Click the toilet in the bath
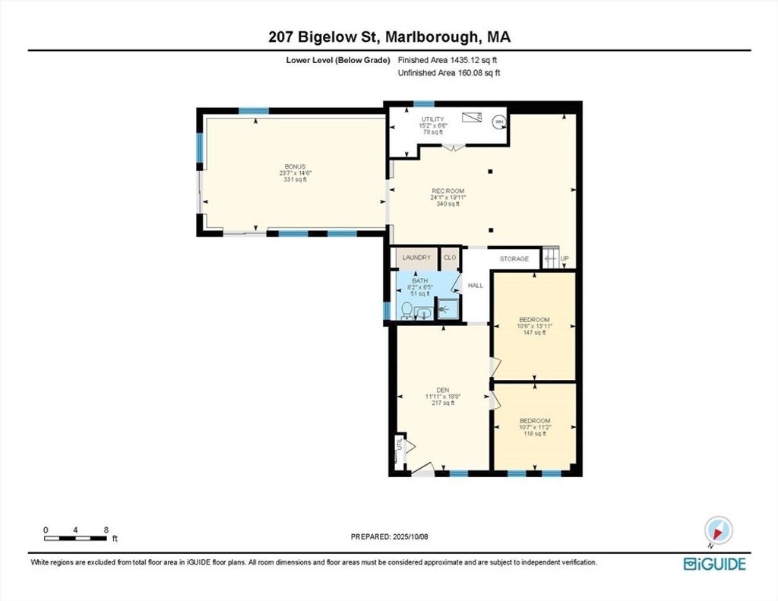pos(406,311)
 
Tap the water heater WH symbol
pos(498,122)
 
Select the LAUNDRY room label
pos(417,258)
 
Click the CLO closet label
pos(450,258)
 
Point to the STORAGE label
pos(514,259)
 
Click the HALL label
pos(476,286)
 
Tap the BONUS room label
pos(296,166)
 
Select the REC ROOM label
pos(448,191)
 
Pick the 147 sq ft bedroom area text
pos(534,333)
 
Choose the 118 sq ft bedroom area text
pos(535,434)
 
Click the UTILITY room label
pos(432,119)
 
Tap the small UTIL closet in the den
pos(398,446)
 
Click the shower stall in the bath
pos(448,308)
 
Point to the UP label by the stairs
pos(565,259)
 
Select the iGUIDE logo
pos(714,565)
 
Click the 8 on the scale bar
pos(106,530)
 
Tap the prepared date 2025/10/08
pos(410,536)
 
